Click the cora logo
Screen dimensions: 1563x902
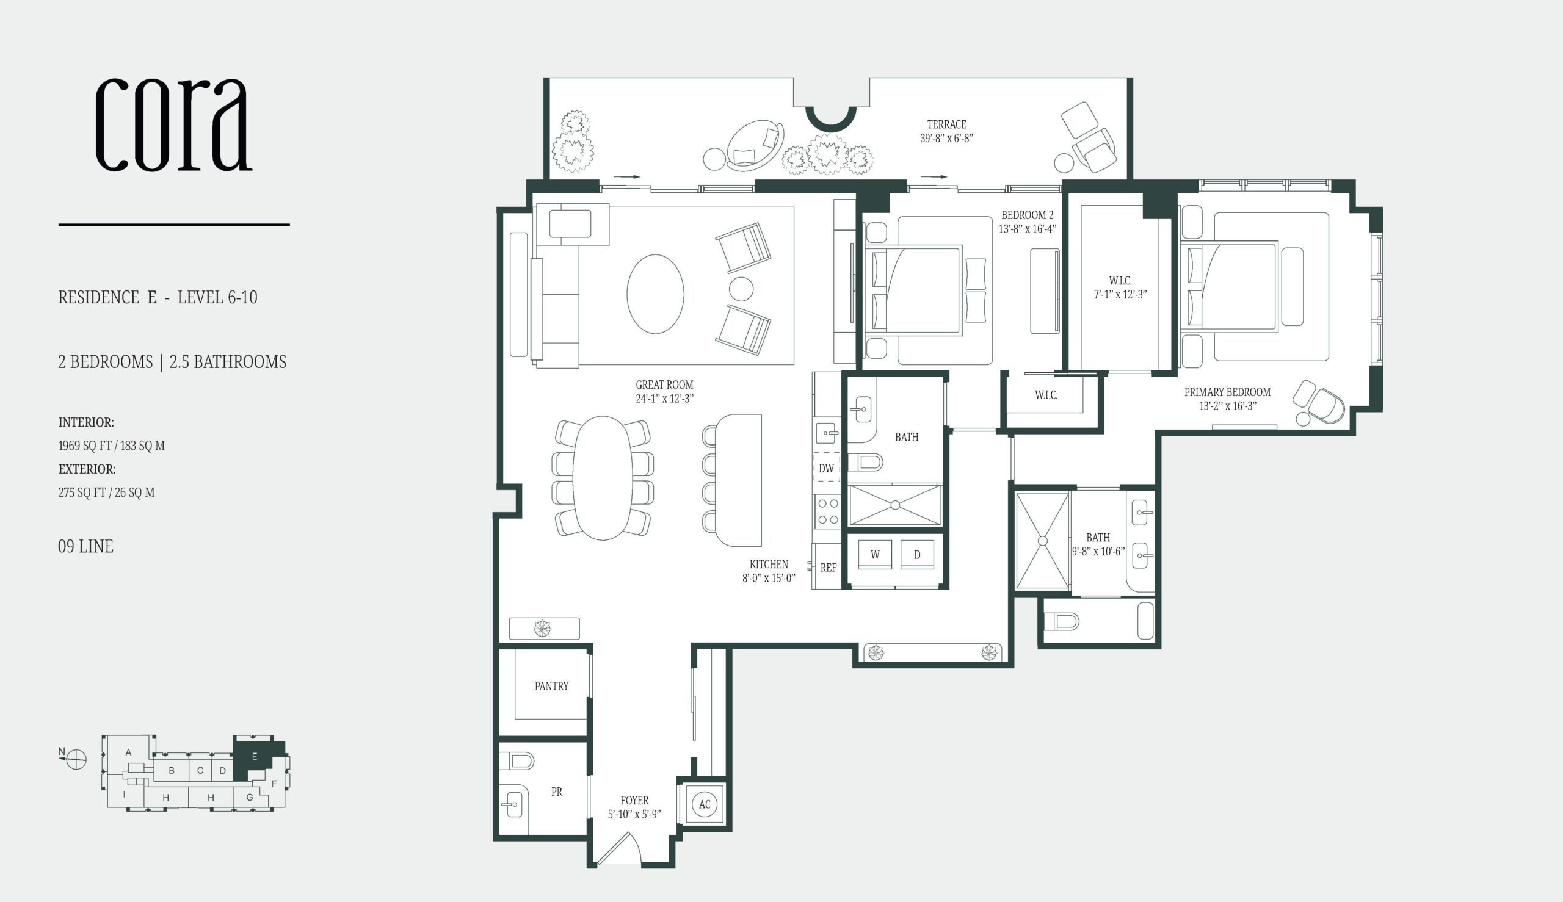(173, 124)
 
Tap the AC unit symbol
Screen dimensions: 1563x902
(704, 804)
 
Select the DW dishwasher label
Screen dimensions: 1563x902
(826, 468)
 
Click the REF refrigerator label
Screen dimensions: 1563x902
(828, 568)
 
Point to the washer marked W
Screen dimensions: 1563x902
(875, 555)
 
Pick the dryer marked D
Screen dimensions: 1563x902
(917, 555)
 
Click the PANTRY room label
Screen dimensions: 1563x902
(551, 686)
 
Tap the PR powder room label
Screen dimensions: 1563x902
(557, 792)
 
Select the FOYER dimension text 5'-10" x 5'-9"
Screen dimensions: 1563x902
(634, 814)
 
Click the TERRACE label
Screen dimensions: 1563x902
(946, 124)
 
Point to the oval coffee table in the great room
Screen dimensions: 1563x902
(655, 294)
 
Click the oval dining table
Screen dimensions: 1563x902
(603, 478)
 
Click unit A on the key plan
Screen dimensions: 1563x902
(128, 752)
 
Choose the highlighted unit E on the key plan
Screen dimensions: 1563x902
(254, 757)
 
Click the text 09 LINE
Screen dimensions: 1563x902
(85, 546)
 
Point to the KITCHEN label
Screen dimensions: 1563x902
(769, 565)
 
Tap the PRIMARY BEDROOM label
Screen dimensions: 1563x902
(1227, 392)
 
